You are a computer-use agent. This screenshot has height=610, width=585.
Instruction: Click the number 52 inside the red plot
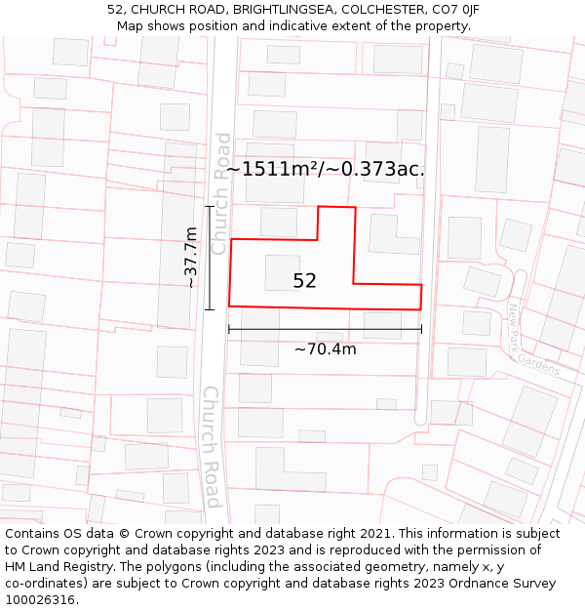click(x=304, y=281)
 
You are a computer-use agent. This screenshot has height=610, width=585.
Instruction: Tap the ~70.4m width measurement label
click(x=325, y=348)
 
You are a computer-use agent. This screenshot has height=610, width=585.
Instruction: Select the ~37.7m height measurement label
click(x=191, y=257)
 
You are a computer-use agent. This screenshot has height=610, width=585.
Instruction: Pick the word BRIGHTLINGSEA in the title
click(x=277, y=10)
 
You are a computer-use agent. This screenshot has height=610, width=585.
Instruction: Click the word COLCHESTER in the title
click(x=380, y=10)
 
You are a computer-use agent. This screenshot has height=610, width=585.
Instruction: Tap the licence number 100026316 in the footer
click(x=41, y=600)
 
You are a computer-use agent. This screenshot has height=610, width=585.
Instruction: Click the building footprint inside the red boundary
click(x=282, y=272)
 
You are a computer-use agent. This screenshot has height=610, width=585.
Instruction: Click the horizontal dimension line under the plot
click(x=325, y=330)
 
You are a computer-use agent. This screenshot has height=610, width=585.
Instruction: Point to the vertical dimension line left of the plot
click(x=209, y=258)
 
